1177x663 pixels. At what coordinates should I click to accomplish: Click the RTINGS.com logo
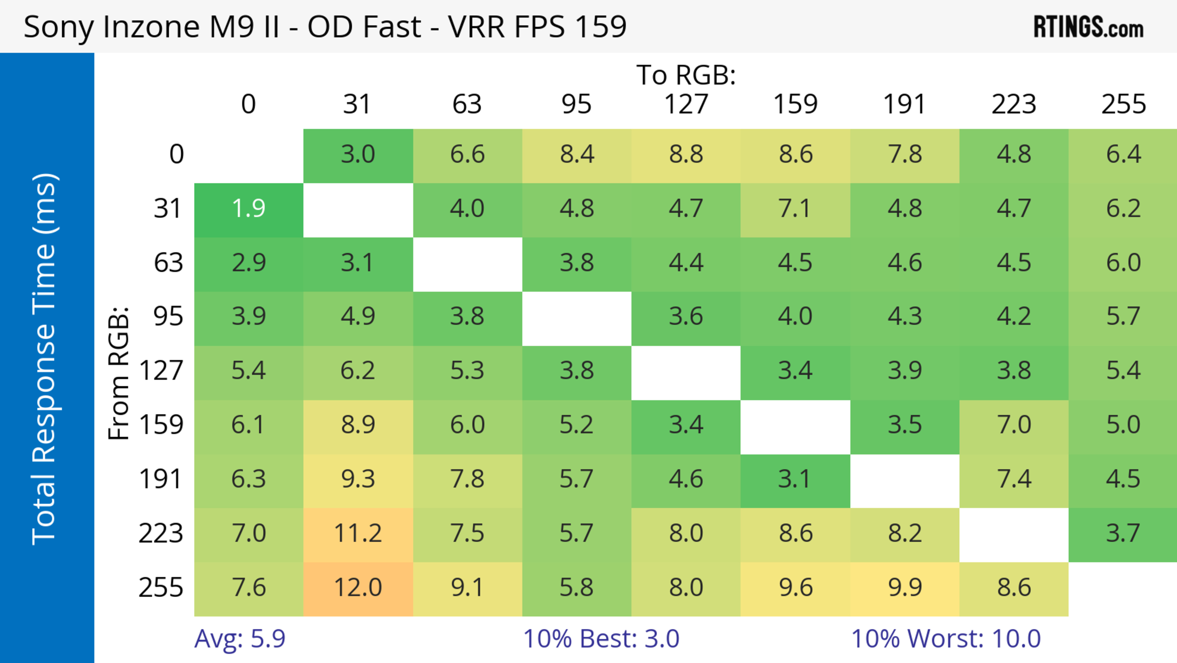point(1088,26)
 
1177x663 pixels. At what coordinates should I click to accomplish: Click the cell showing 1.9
point(249,209)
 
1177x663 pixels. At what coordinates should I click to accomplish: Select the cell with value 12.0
point(358,587)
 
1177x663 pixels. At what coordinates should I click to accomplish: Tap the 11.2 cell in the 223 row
point(358,533)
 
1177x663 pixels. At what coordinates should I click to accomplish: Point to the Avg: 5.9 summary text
point(240,638)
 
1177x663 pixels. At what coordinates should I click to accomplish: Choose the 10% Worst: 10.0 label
point(946,638)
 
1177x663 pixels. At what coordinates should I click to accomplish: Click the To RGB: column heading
point(686,75)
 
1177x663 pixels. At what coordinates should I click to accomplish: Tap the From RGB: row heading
point(119,373)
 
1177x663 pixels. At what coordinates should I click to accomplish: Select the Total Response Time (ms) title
point(45,359)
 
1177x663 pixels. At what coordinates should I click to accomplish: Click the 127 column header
point(686,104)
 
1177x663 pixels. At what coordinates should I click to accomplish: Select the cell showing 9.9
point(905,587)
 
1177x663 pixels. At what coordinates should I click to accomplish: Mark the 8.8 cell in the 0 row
point(686,154)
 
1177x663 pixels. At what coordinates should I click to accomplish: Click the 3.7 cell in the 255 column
point(1123,533)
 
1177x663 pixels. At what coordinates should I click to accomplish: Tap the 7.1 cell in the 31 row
point(795,209)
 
